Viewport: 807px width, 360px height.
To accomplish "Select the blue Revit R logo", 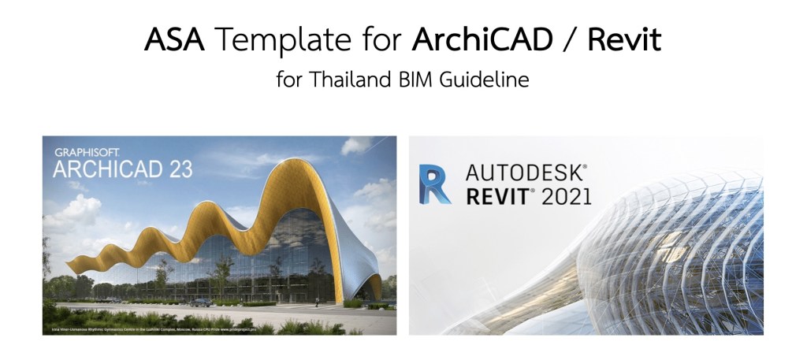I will click(x=435, y=183).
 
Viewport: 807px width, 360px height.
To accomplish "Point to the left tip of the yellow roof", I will click(x=70, y=263).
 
